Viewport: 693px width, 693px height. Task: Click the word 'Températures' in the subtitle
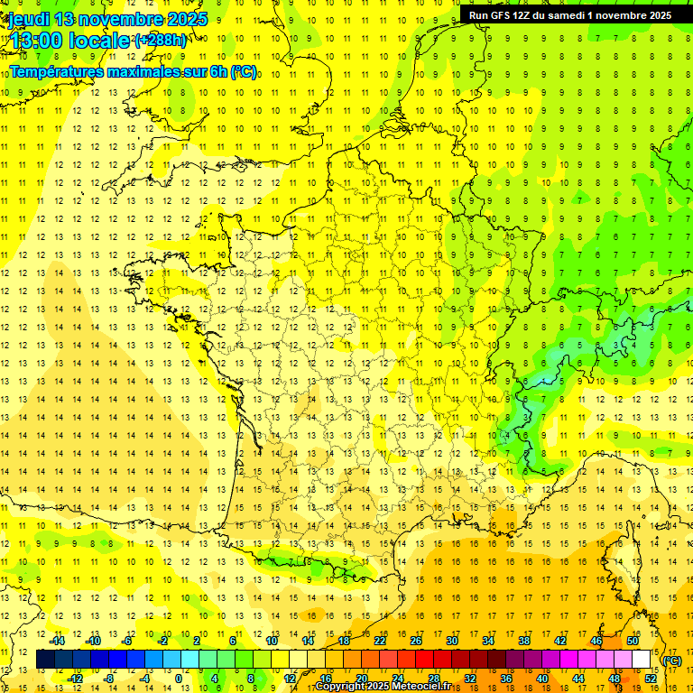tap(56, 71)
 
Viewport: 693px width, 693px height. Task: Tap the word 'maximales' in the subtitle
tap(143, 71)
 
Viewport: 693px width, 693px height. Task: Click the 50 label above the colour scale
tap(633, 641)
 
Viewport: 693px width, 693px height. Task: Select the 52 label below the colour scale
tap(651, 679)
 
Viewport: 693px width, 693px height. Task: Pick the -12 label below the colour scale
tap(76, 679)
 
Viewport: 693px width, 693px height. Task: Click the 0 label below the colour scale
tap(179, 679)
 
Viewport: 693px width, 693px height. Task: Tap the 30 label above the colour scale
tap(452, 641)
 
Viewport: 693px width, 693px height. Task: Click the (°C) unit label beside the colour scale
tap(672, 661)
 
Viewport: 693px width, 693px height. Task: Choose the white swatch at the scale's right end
tap(642, 660)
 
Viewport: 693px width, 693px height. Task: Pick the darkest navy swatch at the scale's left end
tap(45, 660)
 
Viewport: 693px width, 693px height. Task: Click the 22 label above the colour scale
tap(380, 641)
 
